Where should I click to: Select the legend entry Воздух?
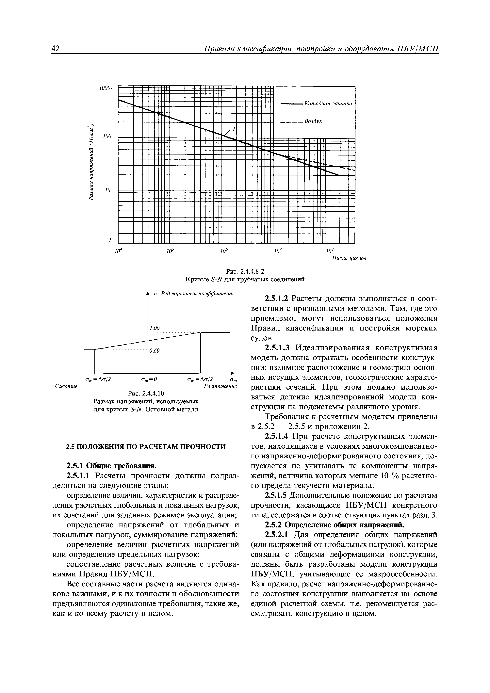click(x=313, y=121)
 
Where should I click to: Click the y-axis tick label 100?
click(x=107, y=137)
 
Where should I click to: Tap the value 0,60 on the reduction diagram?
click(x=154, y=350)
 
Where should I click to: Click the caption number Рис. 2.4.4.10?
click(x=146, y=394)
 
